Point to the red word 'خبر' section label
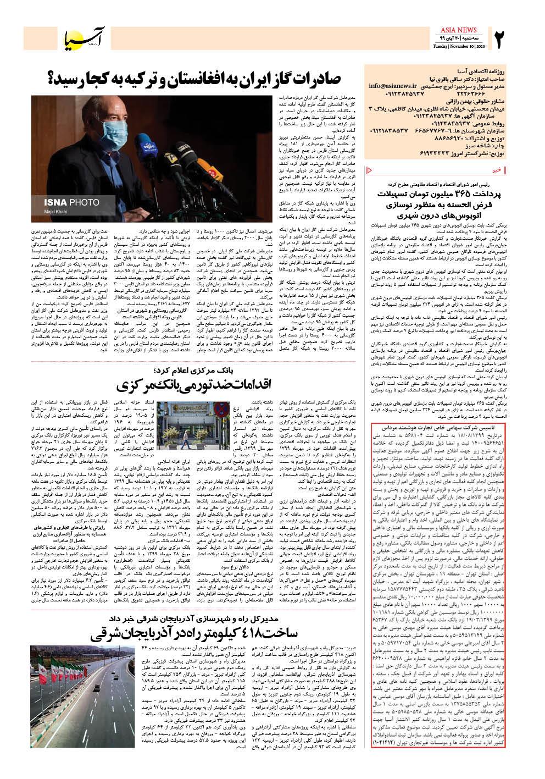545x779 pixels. coord(496,170)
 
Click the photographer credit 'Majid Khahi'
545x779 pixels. coord(57,212)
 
